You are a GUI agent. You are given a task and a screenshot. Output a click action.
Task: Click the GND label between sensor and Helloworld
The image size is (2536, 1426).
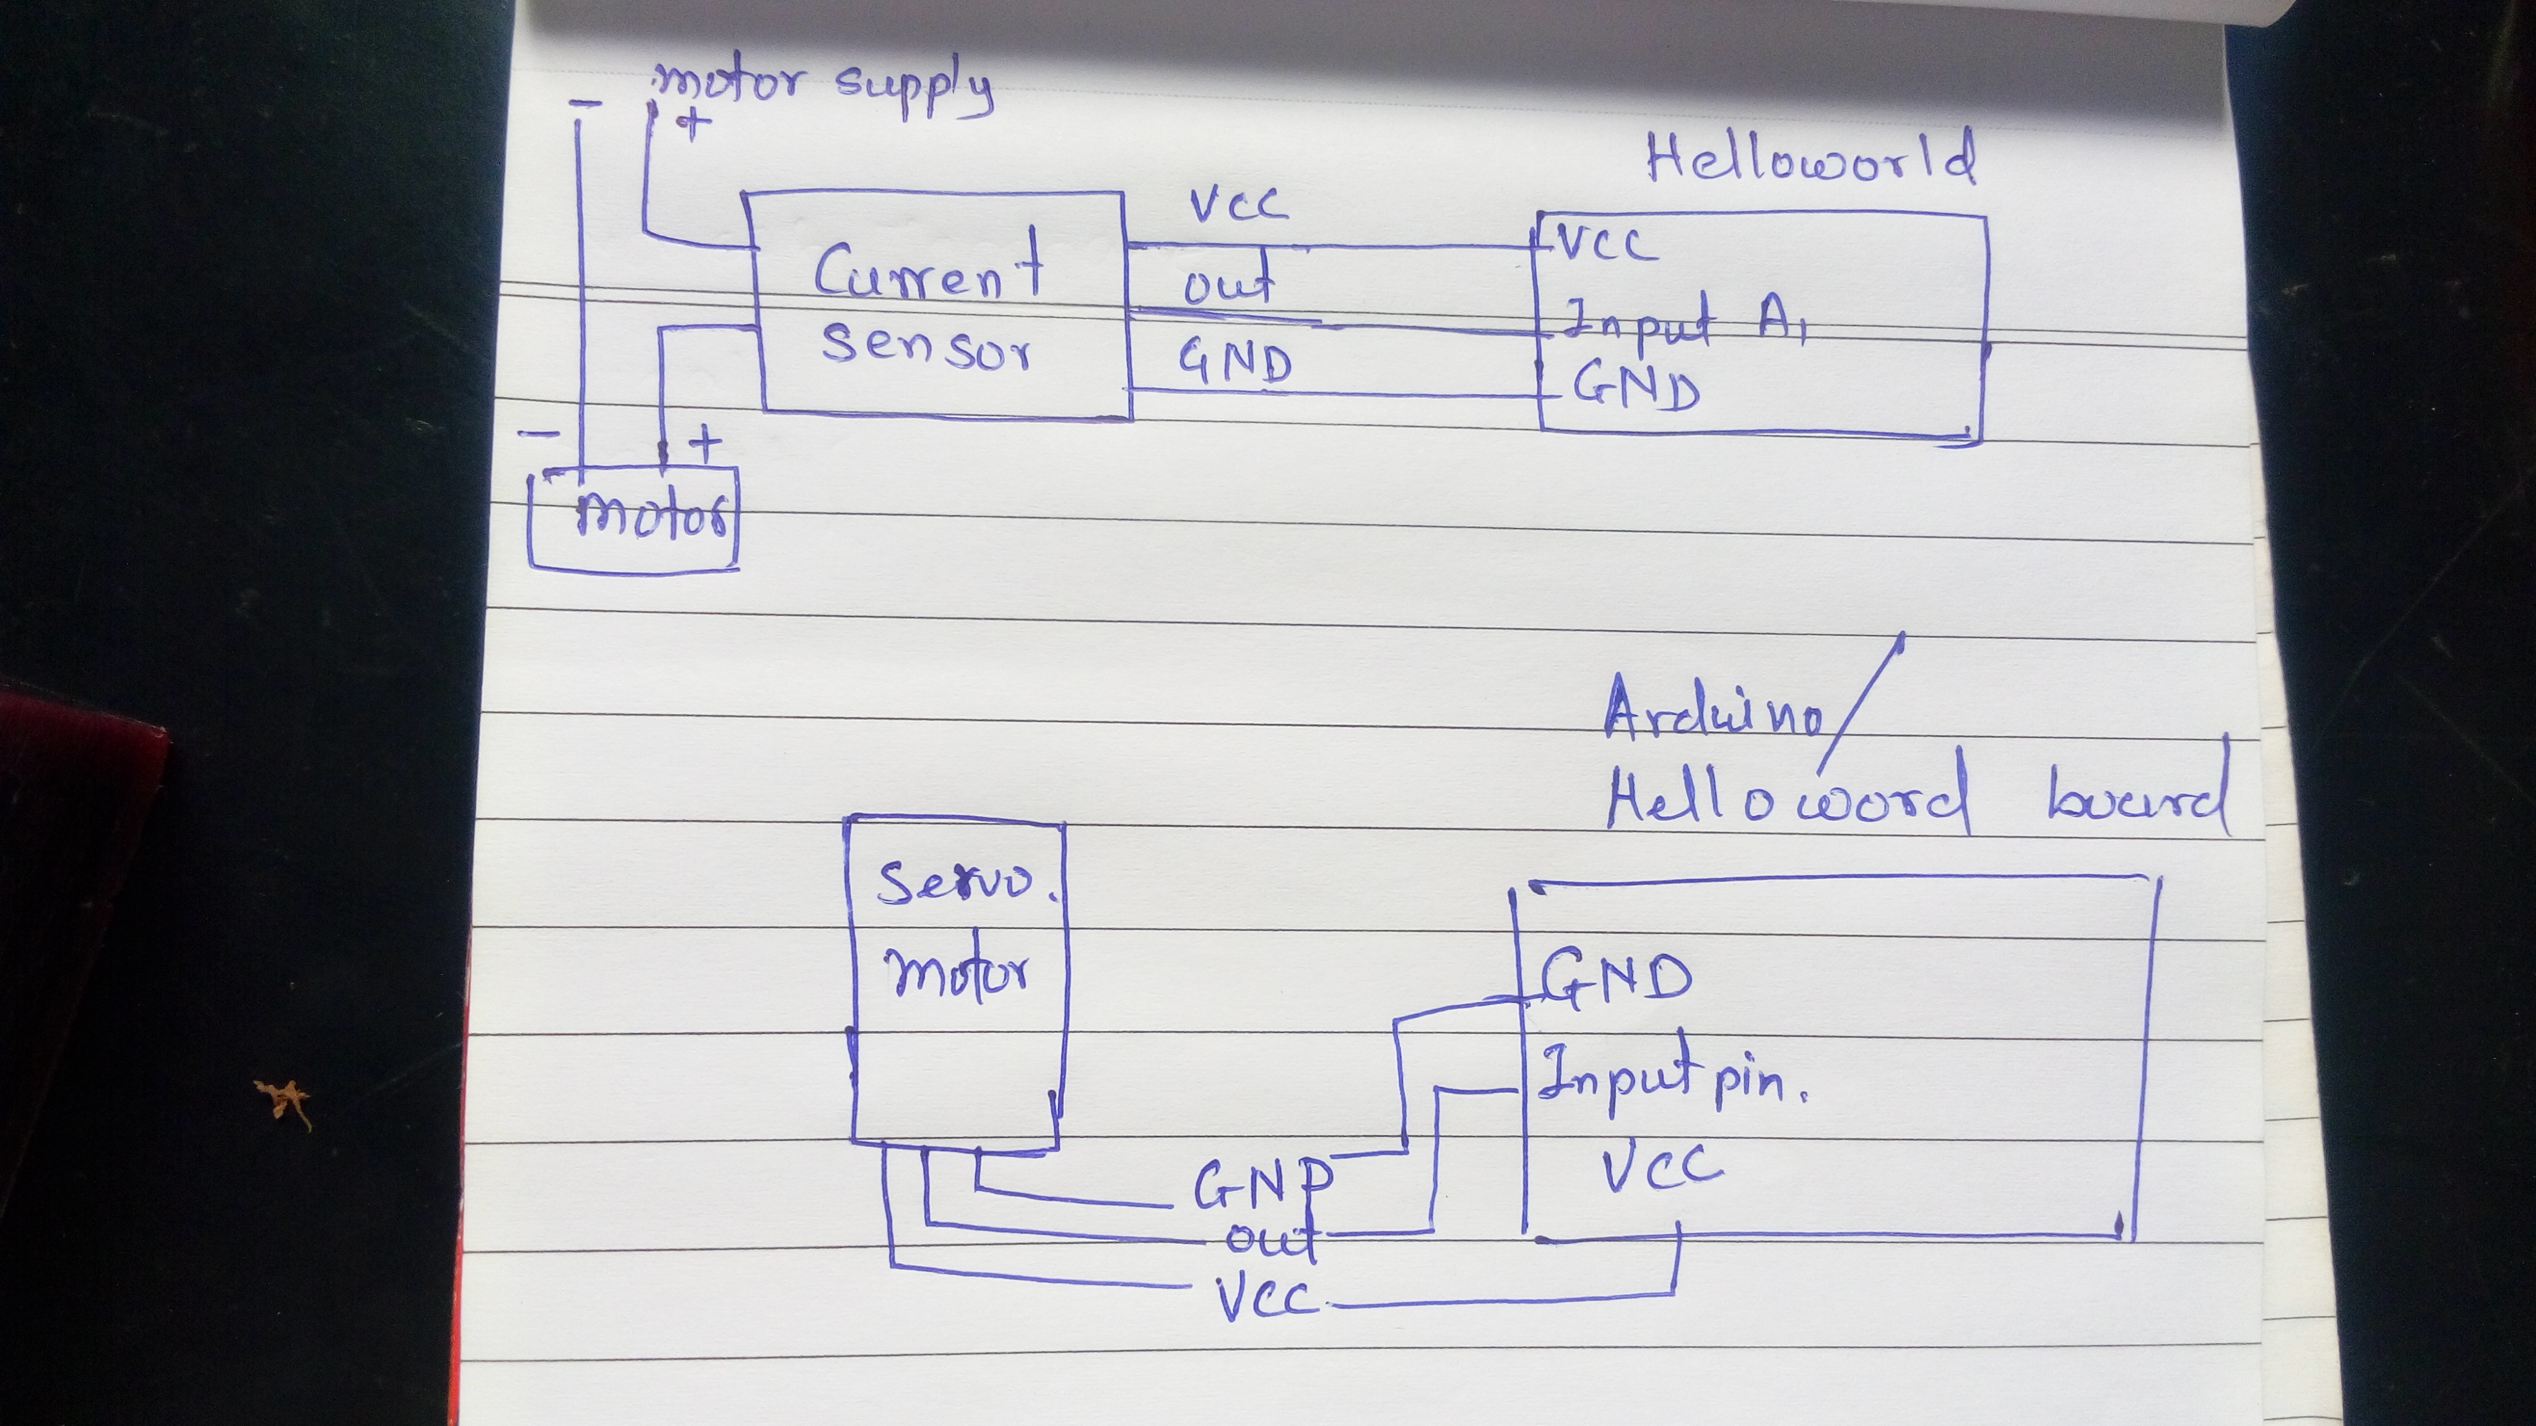tap(1236, 361)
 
